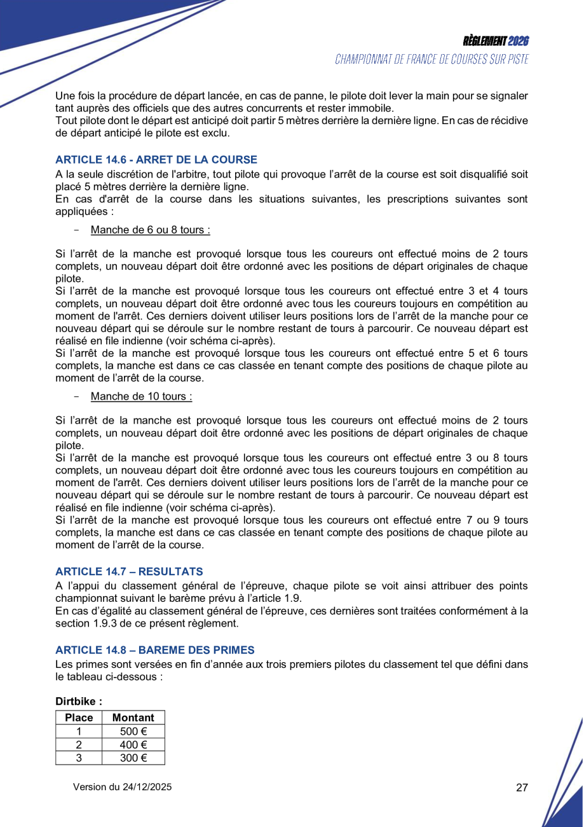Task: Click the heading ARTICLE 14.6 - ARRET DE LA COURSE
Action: coord(156,160)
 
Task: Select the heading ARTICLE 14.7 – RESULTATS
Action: coord(129,572)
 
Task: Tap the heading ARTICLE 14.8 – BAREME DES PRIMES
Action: coord(154,650)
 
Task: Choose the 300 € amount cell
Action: coord(133,758)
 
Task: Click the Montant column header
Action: coord(133,718)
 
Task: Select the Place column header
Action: coord(79,718)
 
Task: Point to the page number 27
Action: coord(522,788)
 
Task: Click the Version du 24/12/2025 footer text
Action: coord(123,788)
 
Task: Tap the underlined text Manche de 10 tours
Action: coord(141,396)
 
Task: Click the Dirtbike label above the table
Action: coord(79,701)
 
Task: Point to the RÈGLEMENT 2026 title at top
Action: coord(496,41)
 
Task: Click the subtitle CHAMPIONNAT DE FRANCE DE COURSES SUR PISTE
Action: coord(432,59)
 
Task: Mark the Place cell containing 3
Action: coord(79,758)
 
